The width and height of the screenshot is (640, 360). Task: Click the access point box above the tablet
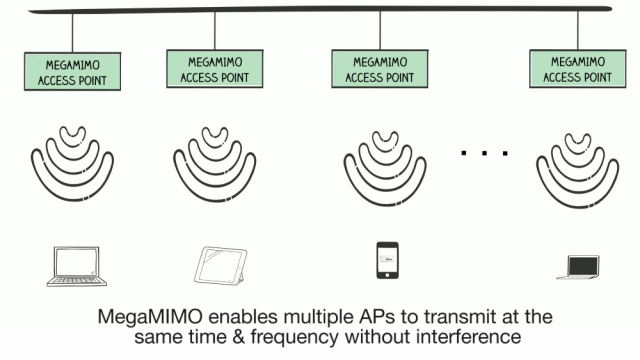click(x=215, y=69)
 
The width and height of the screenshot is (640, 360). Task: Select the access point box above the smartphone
click(x=380, y=69)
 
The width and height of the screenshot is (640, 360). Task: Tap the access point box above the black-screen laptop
click(x=578, y=69)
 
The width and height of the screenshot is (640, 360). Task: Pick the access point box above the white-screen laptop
click(x=72, y=71)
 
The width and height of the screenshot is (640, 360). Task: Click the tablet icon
click(x=221, y=265)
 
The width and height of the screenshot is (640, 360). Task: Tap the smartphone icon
click(x=387, y=260)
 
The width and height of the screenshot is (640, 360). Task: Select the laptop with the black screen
click(x=579, y=267)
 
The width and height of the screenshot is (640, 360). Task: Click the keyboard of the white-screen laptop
click(x=77, y=281)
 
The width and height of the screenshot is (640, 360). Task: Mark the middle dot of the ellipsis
click(x=484, y=153)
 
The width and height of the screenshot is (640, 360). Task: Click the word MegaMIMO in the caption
click(x=150, y=317)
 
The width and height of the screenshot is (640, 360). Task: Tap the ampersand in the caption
click(x=239, y=337)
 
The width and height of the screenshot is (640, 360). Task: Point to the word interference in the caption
click(x=469, y=337)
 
